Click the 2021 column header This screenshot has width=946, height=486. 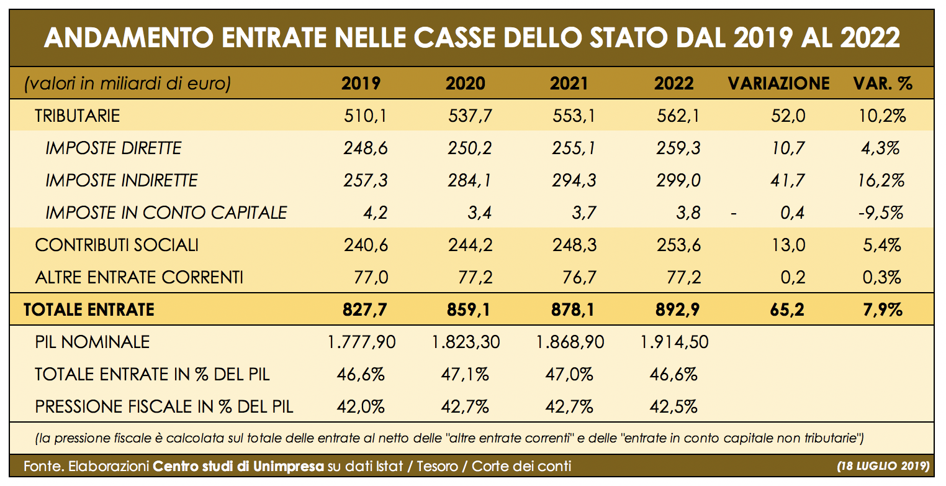coord(569,83)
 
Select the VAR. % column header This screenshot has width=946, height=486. coord(883,83)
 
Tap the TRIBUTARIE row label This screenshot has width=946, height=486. coord(77,116)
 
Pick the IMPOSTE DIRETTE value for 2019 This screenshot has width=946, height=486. coord(366,148)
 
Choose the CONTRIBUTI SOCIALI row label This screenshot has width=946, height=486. coord(117,245)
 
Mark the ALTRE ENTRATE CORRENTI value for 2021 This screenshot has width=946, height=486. coord(575,277)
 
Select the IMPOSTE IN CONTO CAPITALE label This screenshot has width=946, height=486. coord(166,213)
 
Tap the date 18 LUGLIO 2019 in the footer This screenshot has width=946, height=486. coord(882,465)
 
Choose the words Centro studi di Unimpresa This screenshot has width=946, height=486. coord(238,465)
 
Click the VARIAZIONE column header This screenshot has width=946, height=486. coord(778,83)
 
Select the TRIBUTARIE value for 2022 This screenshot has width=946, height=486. coord(678,116)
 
